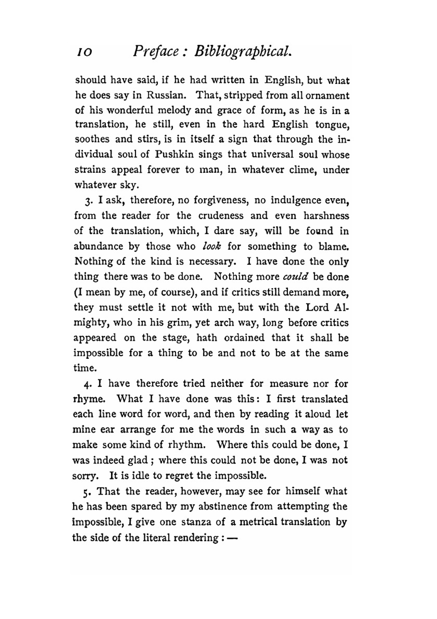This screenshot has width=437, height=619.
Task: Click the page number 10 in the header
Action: (83, 53)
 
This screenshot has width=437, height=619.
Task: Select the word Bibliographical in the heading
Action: (243, 52)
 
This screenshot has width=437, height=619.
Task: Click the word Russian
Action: (167, 95)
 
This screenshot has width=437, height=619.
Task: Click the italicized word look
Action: (212, 246)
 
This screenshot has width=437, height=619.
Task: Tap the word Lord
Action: (317, 307)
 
